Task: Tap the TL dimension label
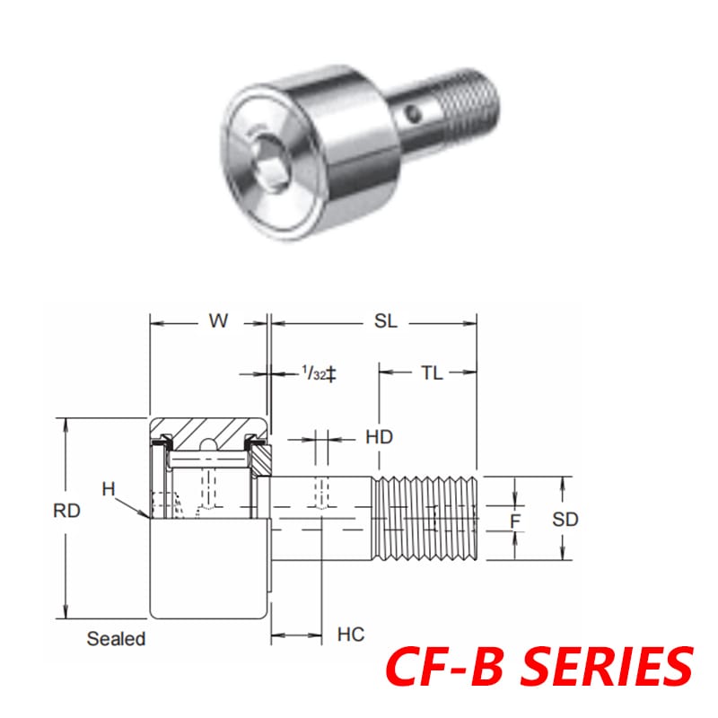(432, 373)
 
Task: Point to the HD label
(380, 437)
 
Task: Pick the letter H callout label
(109, 488)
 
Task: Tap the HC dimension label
(351, 635)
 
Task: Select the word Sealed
(116, 639)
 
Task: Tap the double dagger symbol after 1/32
(330, 373)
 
